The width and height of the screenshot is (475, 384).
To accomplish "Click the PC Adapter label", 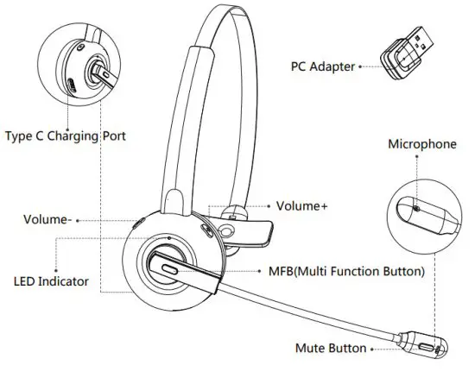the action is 323,66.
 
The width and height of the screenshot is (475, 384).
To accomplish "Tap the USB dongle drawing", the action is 407,54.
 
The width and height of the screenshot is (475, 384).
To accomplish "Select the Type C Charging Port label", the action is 66,136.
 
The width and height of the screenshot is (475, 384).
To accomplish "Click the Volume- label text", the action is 47,219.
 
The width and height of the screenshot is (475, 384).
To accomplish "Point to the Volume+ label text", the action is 302,206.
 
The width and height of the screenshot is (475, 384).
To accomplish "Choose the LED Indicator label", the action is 51,281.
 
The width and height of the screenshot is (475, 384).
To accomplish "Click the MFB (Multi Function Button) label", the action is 346,272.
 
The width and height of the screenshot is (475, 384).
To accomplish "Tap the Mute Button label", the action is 331,349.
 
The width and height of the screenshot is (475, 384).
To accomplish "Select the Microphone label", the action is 422,144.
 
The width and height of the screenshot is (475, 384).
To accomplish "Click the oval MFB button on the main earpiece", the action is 169,269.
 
